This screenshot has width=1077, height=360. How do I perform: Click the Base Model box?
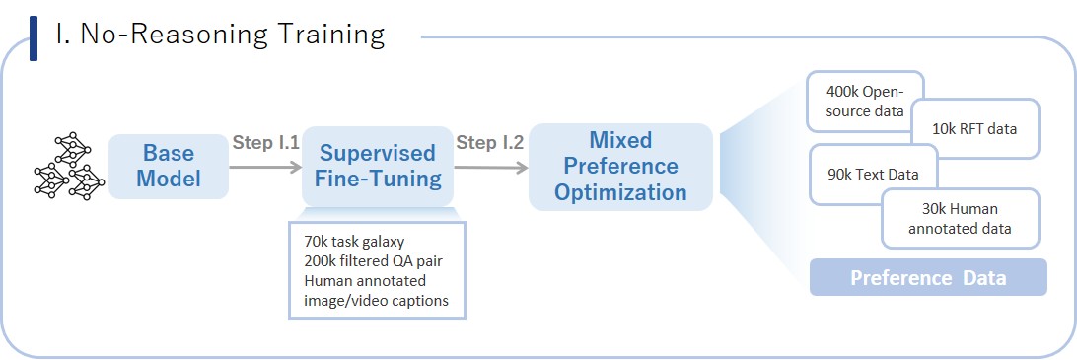point(169,167)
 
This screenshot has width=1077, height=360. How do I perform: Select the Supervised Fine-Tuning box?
point(378,167)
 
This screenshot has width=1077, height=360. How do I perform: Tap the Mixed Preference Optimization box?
point(621,167)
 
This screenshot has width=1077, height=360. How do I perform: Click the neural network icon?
point(69,166)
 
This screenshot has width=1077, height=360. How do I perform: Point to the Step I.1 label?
point(265,143)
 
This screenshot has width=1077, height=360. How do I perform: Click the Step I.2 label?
point(490,143)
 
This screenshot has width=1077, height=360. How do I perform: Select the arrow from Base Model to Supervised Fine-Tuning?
point(265,167)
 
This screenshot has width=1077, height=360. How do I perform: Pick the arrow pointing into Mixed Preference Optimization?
point(491,167)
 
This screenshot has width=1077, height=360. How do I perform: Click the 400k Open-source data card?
point(865,101)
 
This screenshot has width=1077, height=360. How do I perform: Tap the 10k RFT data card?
point(975,128)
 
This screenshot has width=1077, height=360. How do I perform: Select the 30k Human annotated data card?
point(961,219)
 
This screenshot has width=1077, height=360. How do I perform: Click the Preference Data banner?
point(928,277)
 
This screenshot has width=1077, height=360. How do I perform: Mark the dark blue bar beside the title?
point(34,38)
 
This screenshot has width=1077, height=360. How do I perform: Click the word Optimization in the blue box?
point(621,192)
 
